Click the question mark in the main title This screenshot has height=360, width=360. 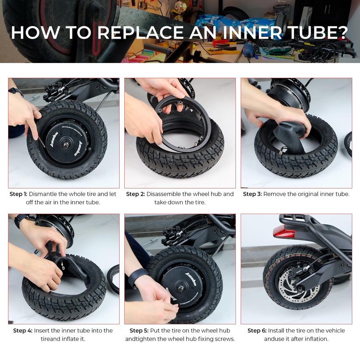click(x=342, y=32)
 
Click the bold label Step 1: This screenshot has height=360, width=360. click(x=18, y=194)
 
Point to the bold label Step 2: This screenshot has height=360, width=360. click(x=135, y=194)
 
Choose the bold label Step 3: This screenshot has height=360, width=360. click(x=252, y=194)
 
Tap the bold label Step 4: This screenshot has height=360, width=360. click(x=23, y=331)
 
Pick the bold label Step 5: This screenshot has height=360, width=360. click(x=139, y=331)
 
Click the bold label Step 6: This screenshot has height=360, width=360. click(x=257, y=331)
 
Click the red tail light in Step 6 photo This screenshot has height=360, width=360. click(x=284, y=232)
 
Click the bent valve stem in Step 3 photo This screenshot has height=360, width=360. click(x=283, y=151)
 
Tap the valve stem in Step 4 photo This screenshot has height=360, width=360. click(x=63, y=265)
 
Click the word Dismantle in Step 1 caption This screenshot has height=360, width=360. click(x=43, y=194)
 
